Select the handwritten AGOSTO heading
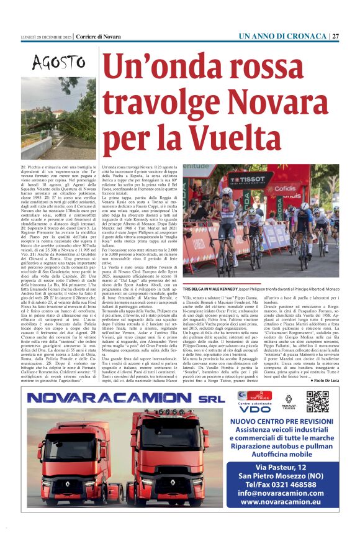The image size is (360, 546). pyautogui.click(x=59, y=62)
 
